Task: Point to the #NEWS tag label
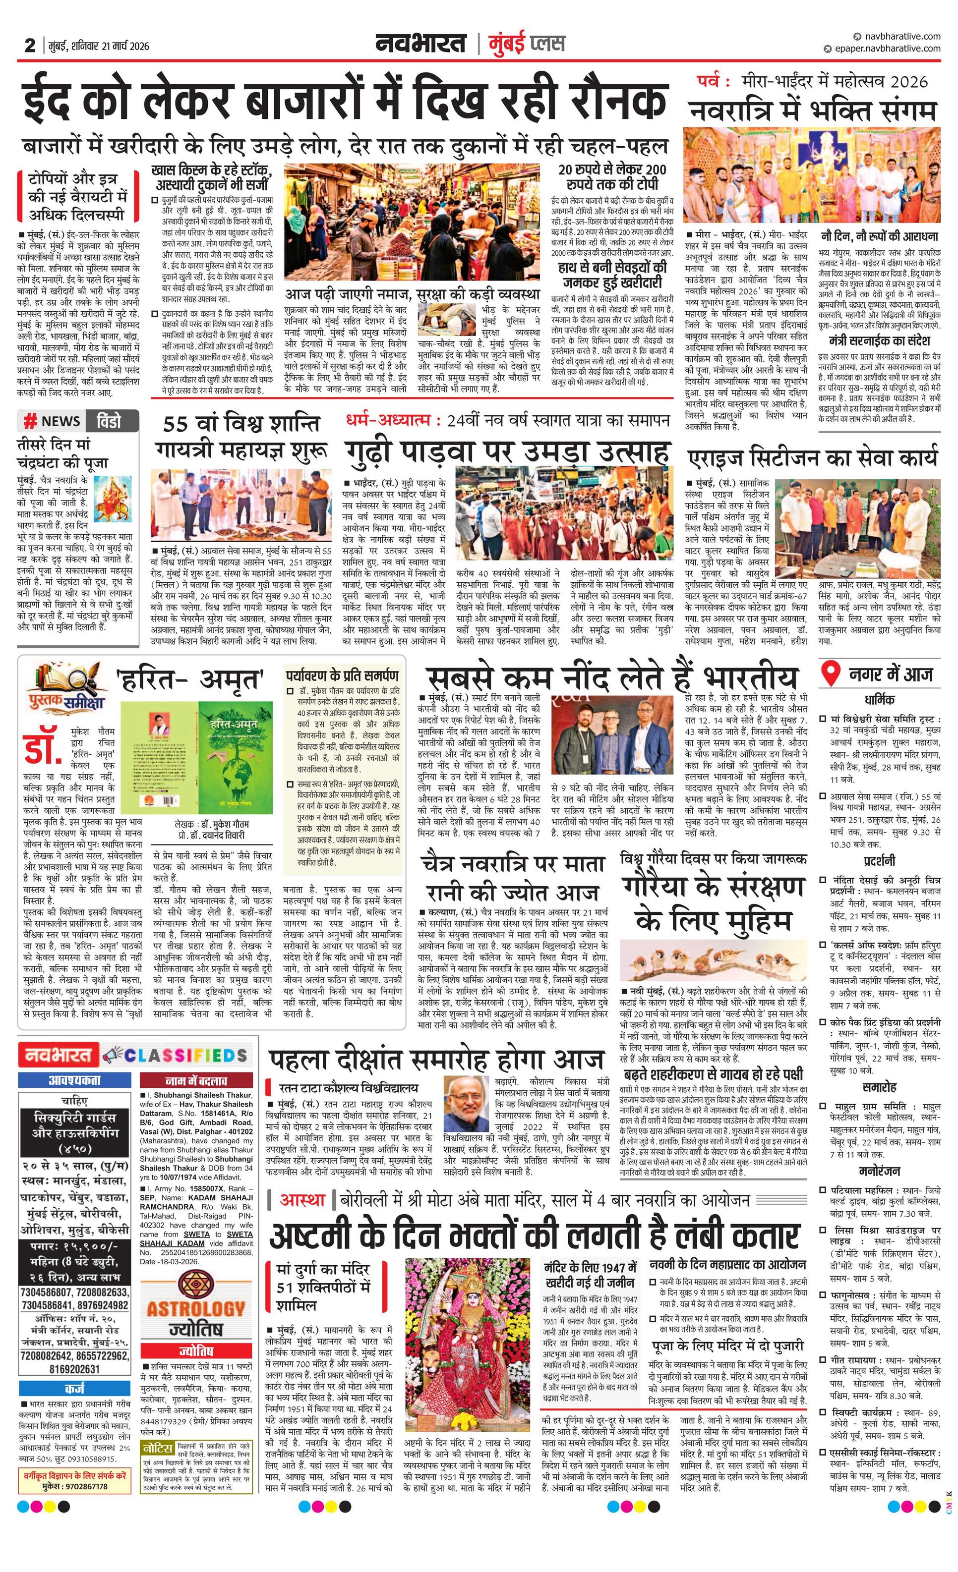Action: [x=51, y=421]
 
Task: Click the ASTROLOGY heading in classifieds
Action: [x=196, y=1308]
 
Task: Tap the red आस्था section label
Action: [x=302, y=1200]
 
